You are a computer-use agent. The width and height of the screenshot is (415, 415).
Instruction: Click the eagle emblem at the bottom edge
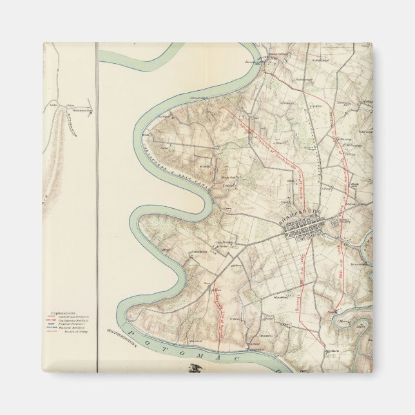coord(193,368)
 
